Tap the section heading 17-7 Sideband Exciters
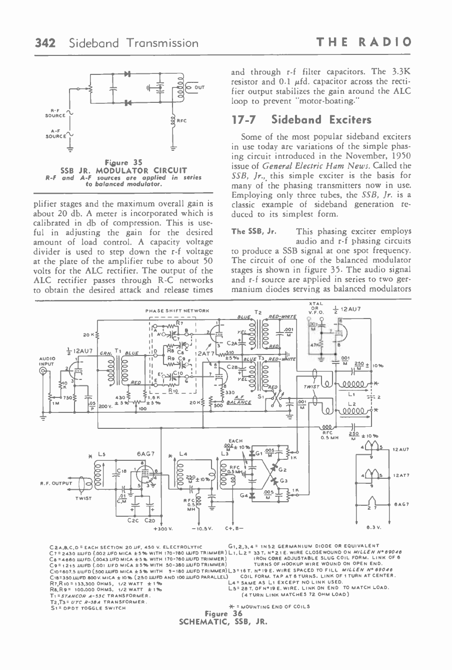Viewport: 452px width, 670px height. pyautogui.click(x=302, y=120)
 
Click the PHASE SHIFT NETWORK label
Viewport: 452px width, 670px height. pyautogui.click(x=177, y=311)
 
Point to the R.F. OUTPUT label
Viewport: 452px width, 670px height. pyautogui.click(x=56, y=483)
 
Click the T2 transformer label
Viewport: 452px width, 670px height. pyautogui.click(x=257, y=312)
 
